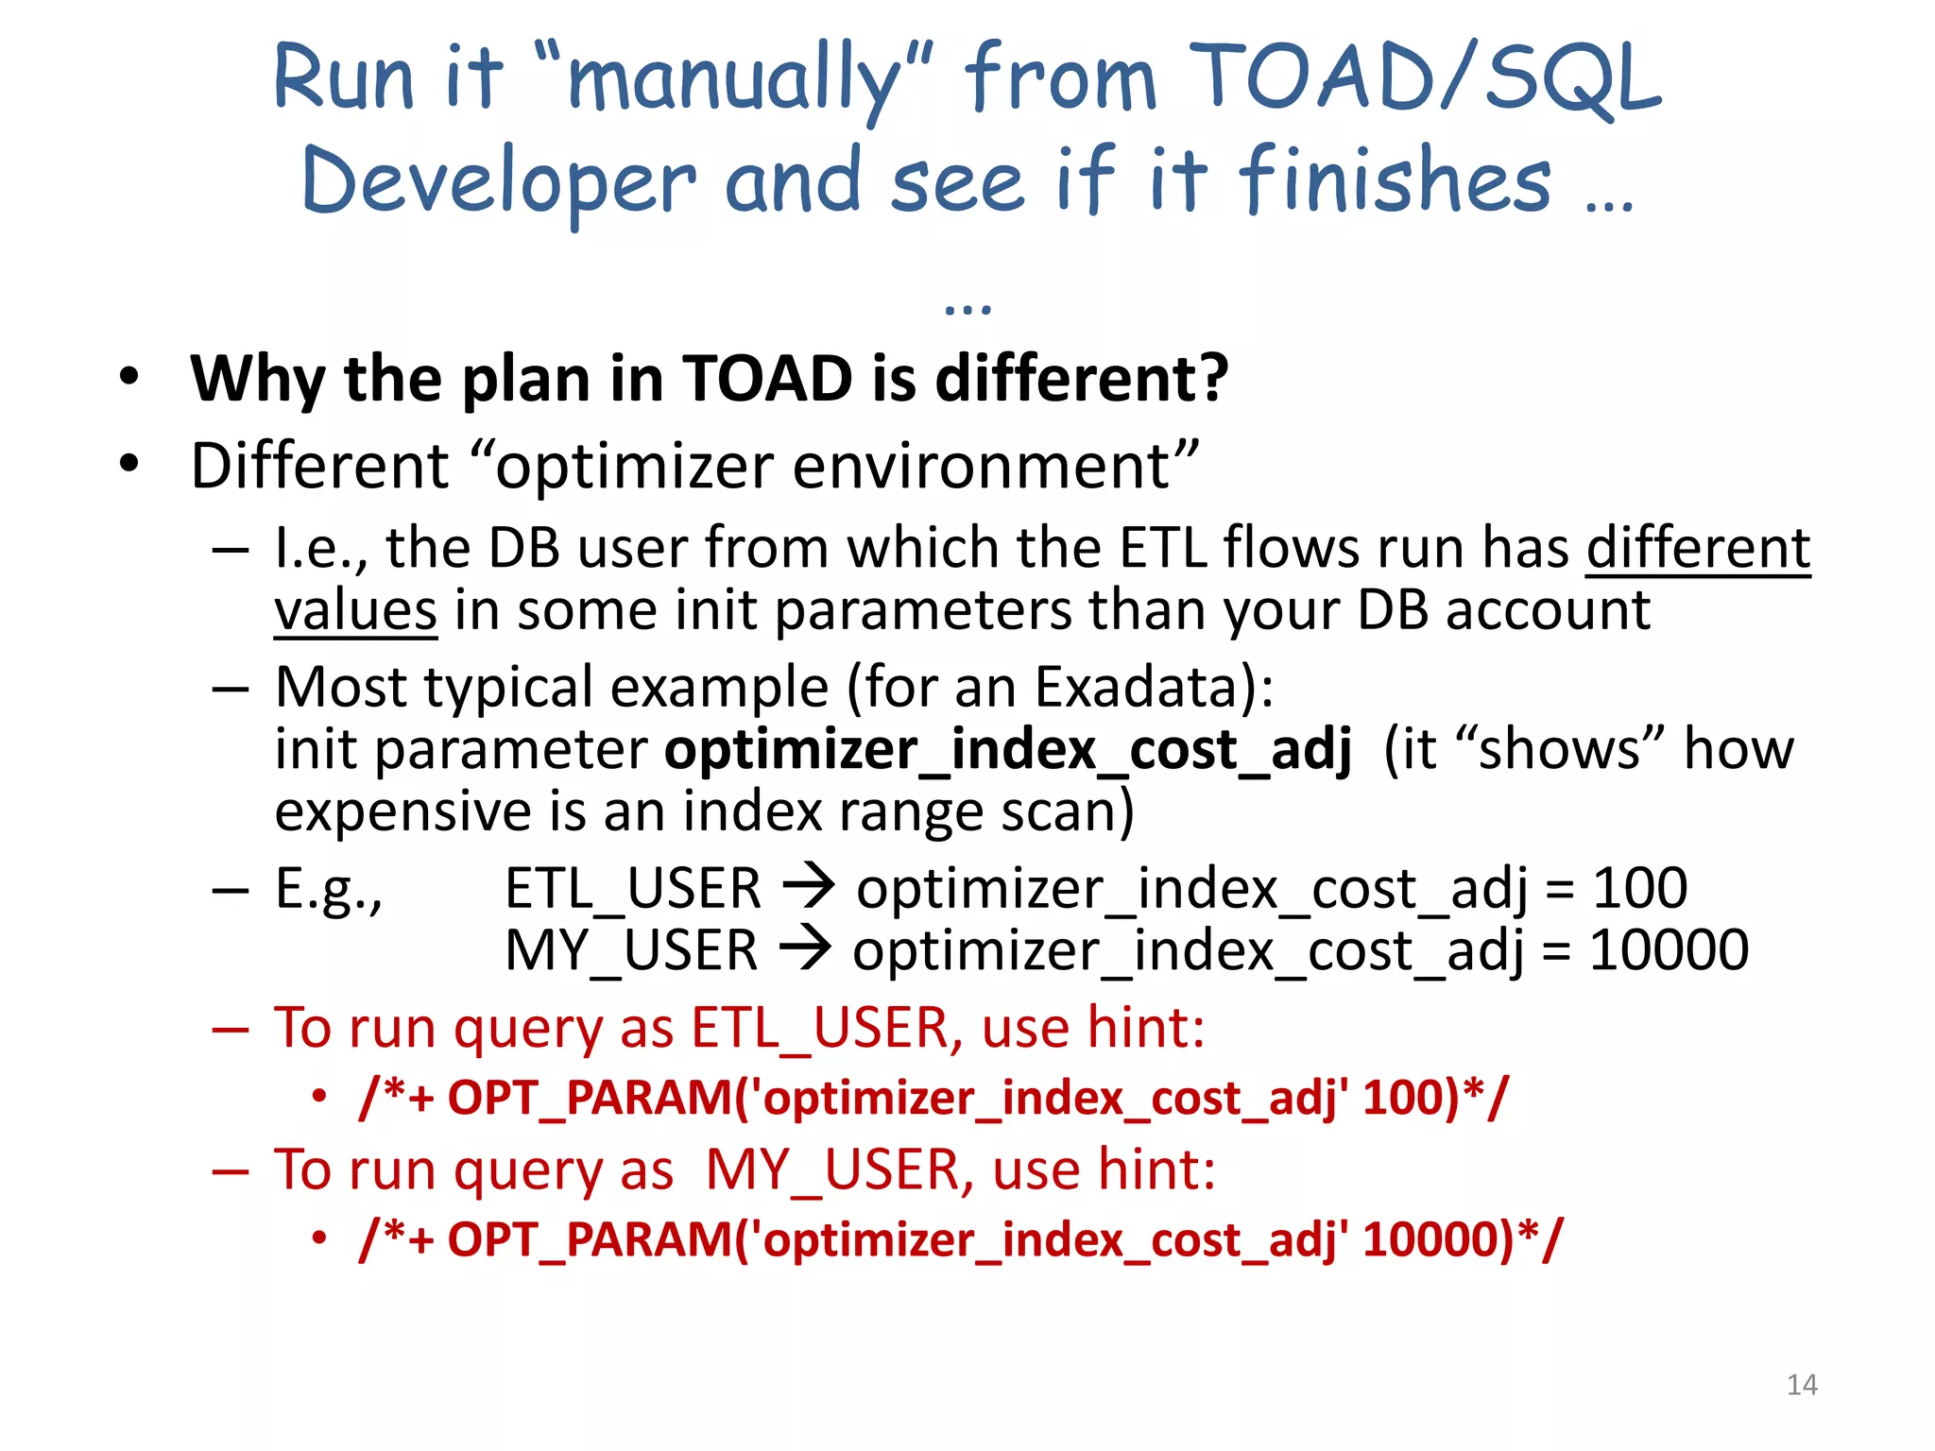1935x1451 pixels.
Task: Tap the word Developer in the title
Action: [499, 181]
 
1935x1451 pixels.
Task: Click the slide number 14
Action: [1802, 1385]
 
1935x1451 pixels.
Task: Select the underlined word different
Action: [1698, 548]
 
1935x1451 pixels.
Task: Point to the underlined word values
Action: [355, 610]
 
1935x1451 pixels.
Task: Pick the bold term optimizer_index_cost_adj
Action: [1008, 750]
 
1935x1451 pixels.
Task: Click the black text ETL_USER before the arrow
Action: [633, 889]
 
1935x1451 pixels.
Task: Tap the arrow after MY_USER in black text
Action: [805, 948]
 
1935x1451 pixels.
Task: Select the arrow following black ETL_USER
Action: [809, 887]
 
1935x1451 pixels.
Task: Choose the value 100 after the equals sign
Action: [1639, 889]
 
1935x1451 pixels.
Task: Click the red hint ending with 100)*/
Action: [933, 1099]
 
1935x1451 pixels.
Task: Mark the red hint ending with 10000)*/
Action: [961, 1239]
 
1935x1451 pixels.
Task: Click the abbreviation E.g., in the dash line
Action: [329, 889]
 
